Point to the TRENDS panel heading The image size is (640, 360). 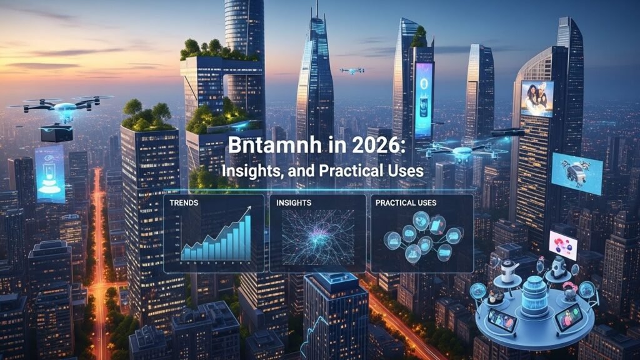pos(186,203)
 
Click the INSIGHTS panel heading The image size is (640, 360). pos(294,203)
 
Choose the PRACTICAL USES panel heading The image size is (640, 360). pos(406,203)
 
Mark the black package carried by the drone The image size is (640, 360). pos(56,132)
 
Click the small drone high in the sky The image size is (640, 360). pos(351,71)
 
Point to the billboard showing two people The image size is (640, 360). pos(537,99)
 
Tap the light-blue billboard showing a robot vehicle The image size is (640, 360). pos(576,173)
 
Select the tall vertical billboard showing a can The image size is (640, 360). pos(424,99)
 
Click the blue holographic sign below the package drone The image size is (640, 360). pos(49,174)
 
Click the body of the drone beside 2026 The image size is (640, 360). pos(462,152)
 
